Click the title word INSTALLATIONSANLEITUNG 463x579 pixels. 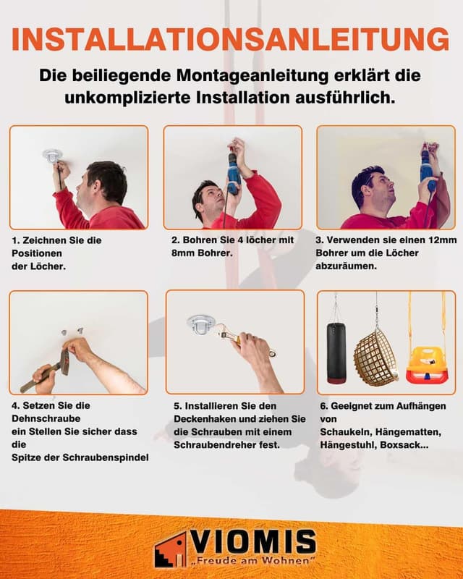tap(231, 39)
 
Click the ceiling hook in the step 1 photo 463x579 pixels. tap(52, 155)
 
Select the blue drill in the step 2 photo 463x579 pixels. tap(233, 174)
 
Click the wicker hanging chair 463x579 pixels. tap(375, 355)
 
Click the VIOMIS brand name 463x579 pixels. tap(253, 542)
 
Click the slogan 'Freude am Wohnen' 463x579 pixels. tap(253, 562)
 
